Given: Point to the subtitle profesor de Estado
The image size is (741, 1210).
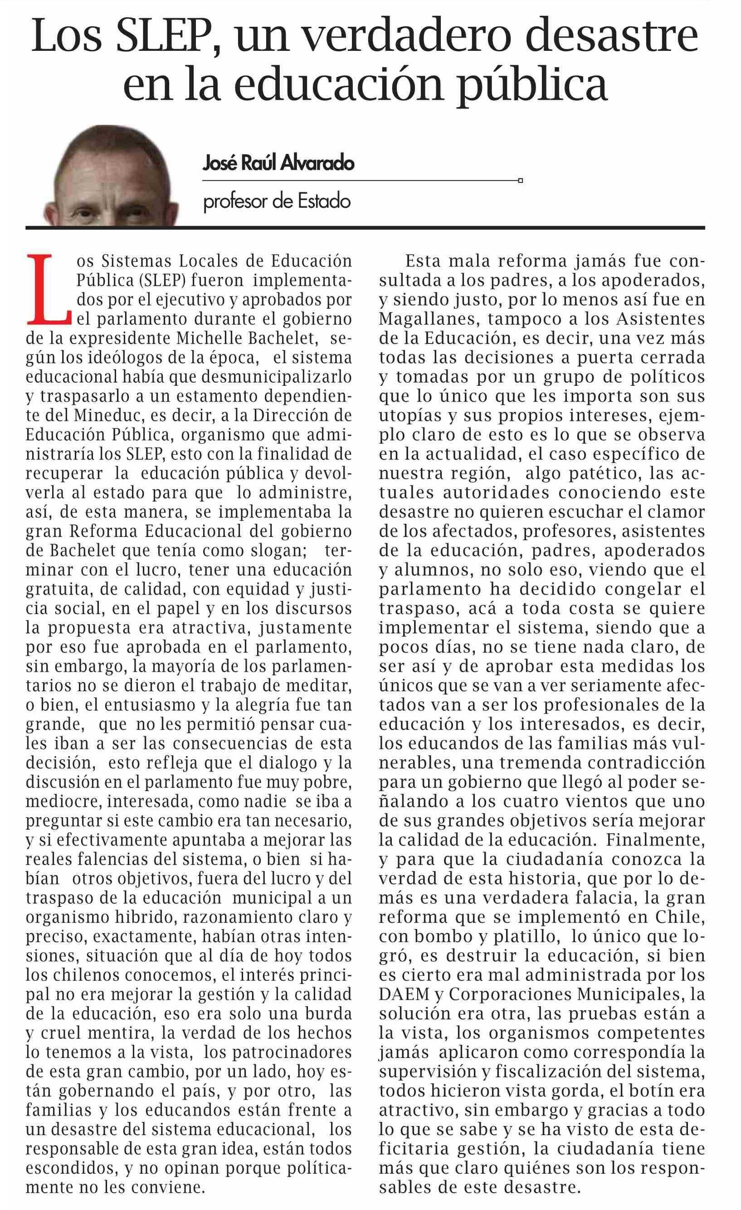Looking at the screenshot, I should pos(277,202).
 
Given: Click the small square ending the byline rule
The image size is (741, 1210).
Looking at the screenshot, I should pos(520,181).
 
